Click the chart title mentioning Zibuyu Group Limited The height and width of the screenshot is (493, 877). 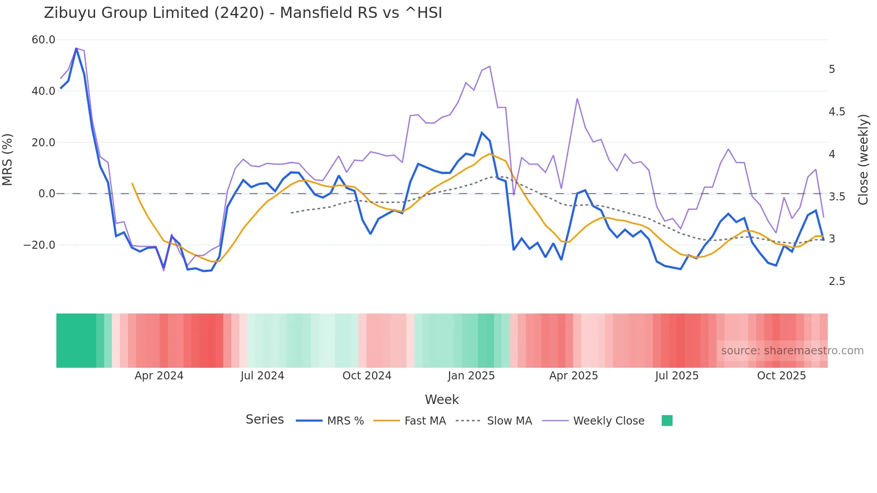point(243,13)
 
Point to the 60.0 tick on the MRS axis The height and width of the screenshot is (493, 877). point(43,40)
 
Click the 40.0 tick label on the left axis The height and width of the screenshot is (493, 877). point(43,91)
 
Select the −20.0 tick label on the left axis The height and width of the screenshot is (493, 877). point(39,245)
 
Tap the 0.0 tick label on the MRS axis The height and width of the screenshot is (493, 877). point(47,194)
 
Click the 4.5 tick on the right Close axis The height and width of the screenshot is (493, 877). point(837,112)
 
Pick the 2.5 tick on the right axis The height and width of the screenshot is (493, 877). point(837,281)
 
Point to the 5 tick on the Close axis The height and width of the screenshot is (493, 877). point(832,69)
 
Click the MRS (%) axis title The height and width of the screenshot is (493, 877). point(8,159)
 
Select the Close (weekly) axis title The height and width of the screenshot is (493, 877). point(863,159)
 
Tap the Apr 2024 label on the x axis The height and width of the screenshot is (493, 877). point(159,376)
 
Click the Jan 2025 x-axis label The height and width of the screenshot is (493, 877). point(471,376)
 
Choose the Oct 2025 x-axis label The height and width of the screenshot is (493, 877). point(781,376)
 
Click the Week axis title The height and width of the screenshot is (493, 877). point(442,399)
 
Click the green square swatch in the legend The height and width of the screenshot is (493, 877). point(667,421)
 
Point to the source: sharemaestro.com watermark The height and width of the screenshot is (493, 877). point(792,351)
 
